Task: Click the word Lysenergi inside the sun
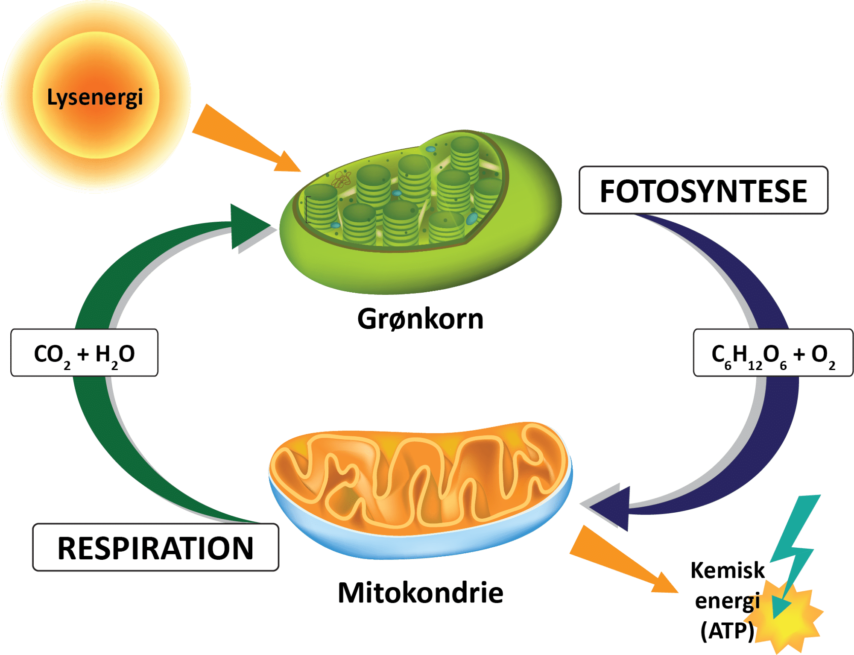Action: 95,97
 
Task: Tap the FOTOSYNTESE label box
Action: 703,190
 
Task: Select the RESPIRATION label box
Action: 155,548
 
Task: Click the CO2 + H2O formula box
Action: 84,353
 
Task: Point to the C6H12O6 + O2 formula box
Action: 773,353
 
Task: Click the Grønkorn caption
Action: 420,319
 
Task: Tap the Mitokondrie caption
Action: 421,593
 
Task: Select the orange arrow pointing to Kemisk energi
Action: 619,560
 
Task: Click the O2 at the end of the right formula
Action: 822,355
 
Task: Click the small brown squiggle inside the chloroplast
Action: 342,179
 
